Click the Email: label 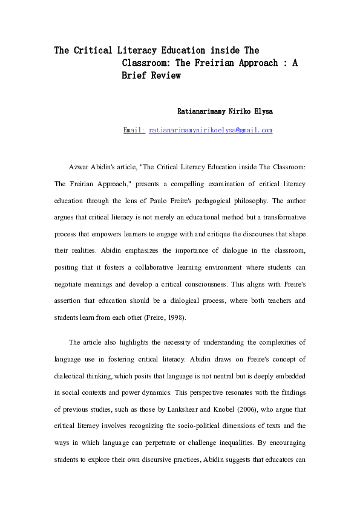click(x=134, y=130)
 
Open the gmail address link click(x=211, y=130)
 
